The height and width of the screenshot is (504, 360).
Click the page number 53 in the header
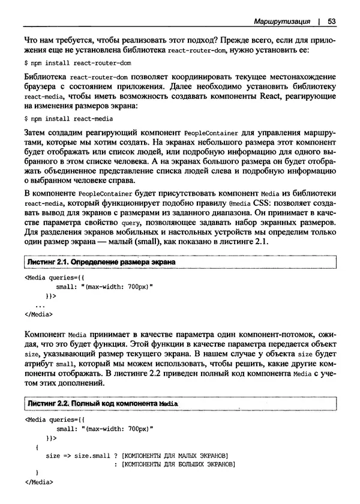click(331, 22)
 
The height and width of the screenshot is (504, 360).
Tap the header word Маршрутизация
click(281, 22)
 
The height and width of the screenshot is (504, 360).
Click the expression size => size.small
click(77, 455)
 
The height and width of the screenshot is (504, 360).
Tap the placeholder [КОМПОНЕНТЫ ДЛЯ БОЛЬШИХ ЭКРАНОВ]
click(177, 464)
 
